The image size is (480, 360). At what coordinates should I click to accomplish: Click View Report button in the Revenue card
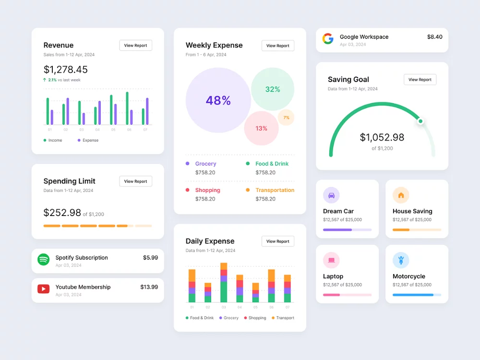[x=136, y=45]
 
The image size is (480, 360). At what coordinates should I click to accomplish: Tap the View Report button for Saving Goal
[x=420, y=80]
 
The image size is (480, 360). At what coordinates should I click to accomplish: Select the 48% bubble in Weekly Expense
[x=218, y=100]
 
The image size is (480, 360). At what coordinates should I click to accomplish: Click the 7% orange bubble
[x=286, y=118]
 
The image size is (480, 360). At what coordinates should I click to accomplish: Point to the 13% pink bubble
[x=262, y=128]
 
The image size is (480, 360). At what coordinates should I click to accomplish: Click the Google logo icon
[x=328, y=39]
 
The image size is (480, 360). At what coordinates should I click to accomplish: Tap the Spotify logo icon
[x=44, y=260]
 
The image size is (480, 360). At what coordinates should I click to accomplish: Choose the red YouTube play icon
[x=44, y=289]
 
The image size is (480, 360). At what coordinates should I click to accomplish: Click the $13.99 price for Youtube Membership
[x=149, y=287]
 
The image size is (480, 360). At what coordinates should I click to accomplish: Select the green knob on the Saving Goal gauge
[x=420, y=121]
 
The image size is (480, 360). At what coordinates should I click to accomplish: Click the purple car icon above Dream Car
[x=331, y=195]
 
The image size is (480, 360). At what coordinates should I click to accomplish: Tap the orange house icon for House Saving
[x=401, y=195]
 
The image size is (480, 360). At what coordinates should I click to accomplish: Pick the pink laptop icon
[x=331, y=260]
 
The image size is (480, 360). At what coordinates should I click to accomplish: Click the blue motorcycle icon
[x=401, y=260]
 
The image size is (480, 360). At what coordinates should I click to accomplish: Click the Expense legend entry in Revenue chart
[x=88, y=140]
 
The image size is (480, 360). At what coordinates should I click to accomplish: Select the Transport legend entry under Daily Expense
[x=283, y=318]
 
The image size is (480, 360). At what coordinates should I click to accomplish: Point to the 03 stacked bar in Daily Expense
[x=224, y=283]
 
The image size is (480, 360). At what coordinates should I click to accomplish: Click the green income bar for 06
[x=127, y=108]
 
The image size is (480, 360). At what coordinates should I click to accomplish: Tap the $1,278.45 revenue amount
[x=65, y=70]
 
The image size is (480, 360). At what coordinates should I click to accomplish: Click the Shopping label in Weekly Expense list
[x=207, y=190]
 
